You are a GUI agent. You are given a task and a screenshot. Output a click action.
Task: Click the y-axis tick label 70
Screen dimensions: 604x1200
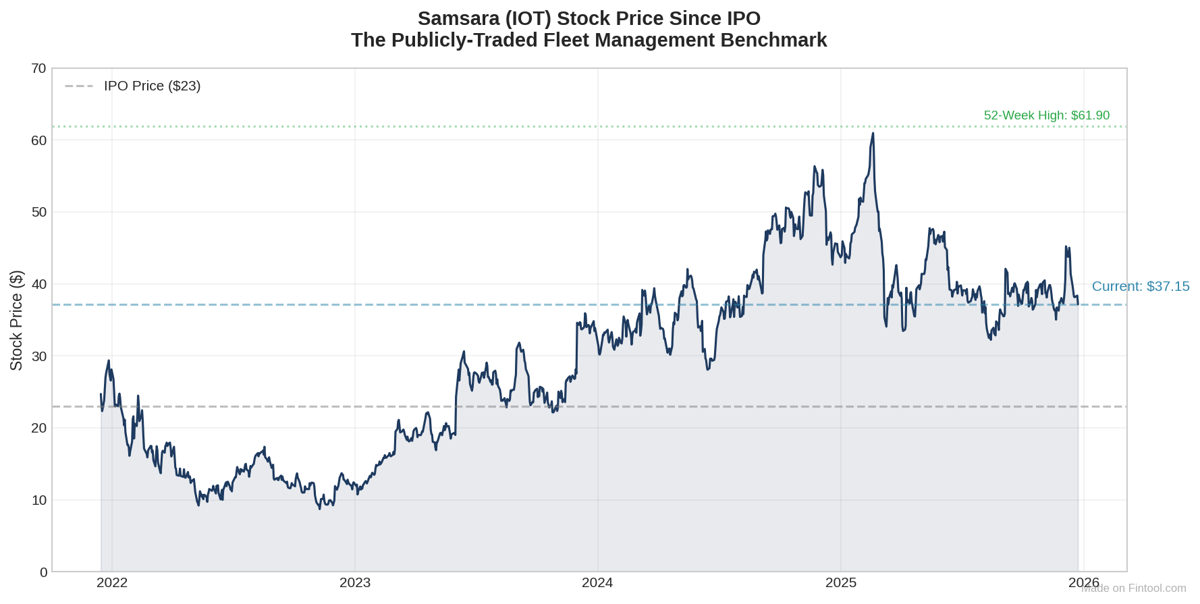38,68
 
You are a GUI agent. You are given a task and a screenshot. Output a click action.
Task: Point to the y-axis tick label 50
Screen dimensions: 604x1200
38,212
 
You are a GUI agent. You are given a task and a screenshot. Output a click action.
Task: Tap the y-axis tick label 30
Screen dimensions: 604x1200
38,356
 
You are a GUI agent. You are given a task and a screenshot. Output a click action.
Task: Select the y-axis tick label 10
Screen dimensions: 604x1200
38,500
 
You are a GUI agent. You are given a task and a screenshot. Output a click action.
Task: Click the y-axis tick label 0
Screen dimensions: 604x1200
43,572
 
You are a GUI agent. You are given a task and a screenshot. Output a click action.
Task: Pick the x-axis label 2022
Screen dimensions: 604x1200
112,583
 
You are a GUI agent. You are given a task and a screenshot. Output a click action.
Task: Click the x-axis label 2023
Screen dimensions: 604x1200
355,583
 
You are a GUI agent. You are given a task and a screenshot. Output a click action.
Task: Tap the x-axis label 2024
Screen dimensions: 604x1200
597,583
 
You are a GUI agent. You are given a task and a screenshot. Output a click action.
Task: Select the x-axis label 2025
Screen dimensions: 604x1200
841,583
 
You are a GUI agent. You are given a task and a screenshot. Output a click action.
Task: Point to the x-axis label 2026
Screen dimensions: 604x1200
1083,582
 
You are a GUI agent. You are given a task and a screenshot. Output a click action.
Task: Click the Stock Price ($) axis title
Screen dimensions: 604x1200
16,321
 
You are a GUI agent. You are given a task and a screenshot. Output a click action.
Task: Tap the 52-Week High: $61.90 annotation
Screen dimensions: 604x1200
1046,115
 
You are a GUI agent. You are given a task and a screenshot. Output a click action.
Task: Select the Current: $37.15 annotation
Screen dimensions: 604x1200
1141,286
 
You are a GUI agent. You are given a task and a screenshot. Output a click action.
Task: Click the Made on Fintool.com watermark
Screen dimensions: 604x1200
1134,588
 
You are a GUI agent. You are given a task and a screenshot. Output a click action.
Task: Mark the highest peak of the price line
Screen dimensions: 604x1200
873,134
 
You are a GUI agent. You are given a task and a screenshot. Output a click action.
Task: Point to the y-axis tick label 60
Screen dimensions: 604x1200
38,140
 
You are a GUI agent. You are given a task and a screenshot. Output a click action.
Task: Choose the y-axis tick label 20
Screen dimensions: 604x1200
38,428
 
